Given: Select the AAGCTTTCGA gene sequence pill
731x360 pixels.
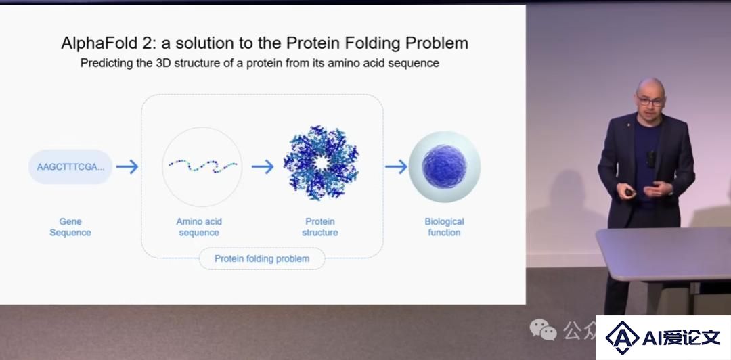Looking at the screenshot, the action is (x=70, y=166).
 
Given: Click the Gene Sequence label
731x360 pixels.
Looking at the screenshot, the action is (x=70, y=227).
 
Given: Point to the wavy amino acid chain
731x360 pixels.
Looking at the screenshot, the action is (x=203, y=166).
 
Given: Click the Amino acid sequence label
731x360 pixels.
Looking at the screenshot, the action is (x=199, y=227).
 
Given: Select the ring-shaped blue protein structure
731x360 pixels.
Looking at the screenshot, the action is (x=322, y=163).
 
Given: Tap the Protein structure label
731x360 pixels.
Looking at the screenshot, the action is (x=319, y=227).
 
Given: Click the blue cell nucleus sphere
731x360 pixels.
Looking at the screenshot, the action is (x=444, y=166).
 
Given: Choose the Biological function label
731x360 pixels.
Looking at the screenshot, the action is (x=444, y=227).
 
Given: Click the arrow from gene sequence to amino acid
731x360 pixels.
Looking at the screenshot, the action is (x=127, y=166).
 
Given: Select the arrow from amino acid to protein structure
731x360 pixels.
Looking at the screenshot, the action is (x=263, y=166).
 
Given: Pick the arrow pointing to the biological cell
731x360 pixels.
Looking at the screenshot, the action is (x=396, y=166).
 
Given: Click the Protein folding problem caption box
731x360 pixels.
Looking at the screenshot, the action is (x=262, y=258).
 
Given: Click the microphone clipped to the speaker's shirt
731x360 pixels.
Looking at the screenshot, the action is (x=651, y=159).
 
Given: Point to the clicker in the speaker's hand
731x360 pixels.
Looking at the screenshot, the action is (x=629, y=192).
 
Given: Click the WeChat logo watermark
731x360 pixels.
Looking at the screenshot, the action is (x=543, y=330).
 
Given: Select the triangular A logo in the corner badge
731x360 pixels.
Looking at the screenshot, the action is (x=622, y=337).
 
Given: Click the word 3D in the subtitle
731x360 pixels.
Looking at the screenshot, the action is (x=162, y=63).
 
